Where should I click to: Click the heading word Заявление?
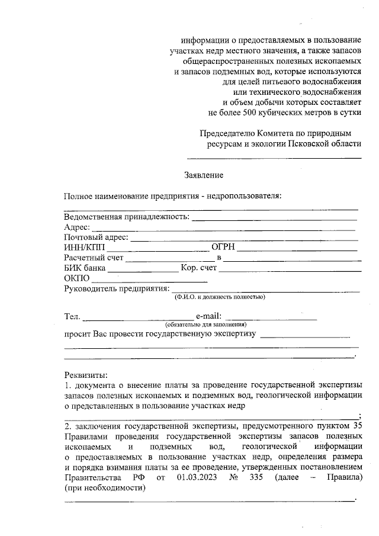[x=204, y=175]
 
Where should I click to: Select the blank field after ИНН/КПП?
[x=158, y=248]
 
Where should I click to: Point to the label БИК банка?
[x=85, y=268]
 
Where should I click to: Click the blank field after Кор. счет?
[x=290, y=269]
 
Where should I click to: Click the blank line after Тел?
[x=138, y=318]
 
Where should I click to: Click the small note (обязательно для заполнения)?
[x=205, y=325]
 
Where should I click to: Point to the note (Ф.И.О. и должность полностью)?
[x=219, y=297]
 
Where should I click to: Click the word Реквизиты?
[x=86, y=375]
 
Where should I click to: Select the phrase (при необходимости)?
[x=104, y=488]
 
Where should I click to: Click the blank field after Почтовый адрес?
[x=244, y=238]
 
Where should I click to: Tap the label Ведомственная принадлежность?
[x=127, y=217]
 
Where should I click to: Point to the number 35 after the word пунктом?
[x=356, y=425]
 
